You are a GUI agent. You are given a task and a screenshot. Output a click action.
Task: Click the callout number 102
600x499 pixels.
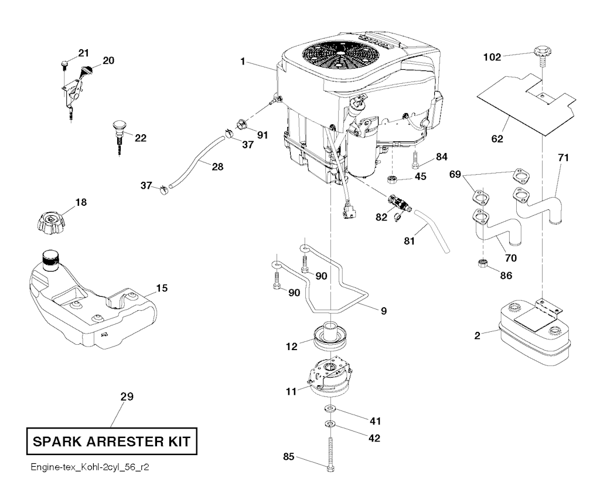click(x=492, y=57)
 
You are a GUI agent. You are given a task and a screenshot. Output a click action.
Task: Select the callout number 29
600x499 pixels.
click(x=127, y=397)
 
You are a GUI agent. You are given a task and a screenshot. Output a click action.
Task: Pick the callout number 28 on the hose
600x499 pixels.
click(x=217, y=167)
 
